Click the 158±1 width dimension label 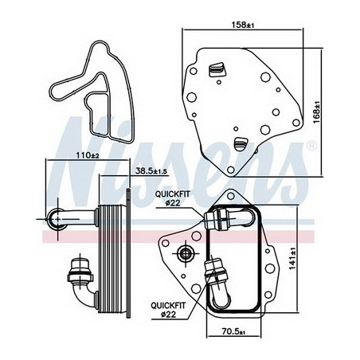click(x=243, y=25)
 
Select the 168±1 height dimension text click(x=317, y=112)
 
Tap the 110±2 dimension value click(x=88, y=155)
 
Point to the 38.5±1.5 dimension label click(x=151, y=171)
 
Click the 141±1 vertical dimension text click(x=293, y=258)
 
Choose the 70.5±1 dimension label click(x=233, y=331)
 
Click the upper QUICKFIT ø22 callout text click(x=173, y=198)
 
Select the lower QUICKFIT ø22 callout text click(x=168, y=310)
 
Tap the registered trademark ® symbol click(x=311, y=145)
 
